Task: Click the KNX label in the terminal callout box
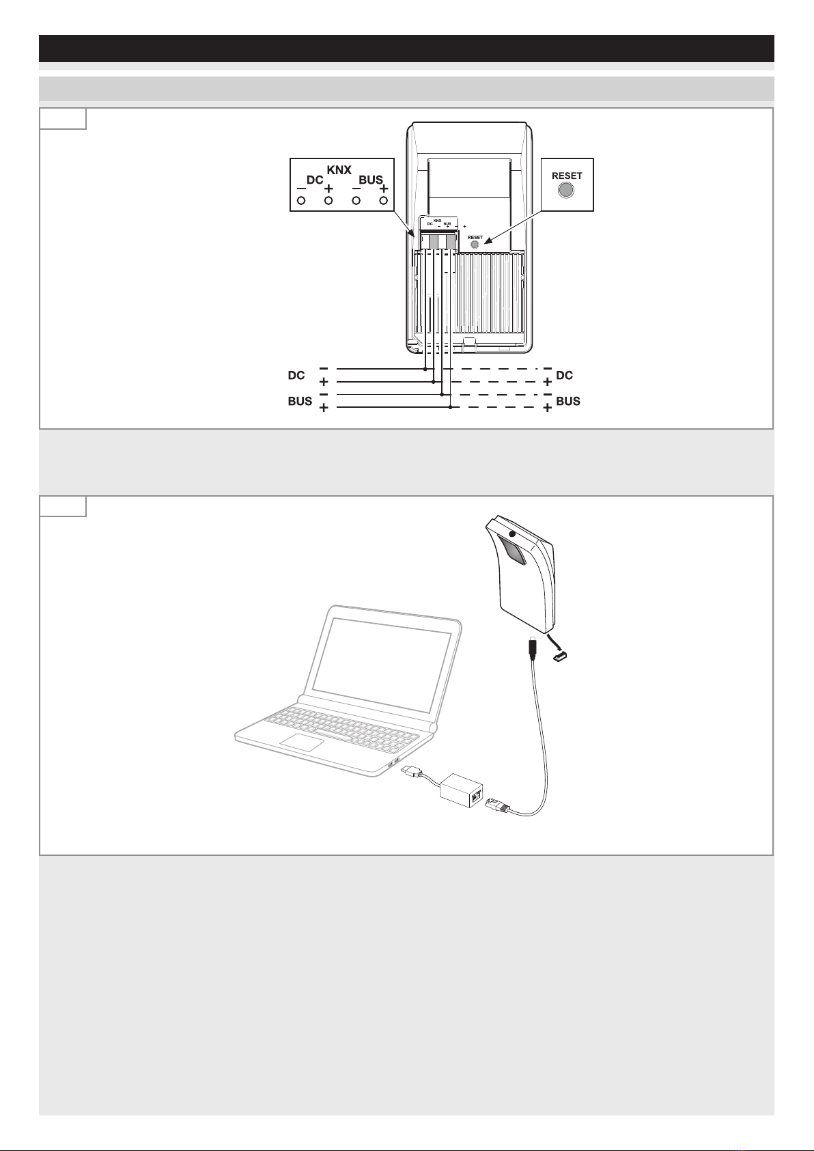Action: (339, 169)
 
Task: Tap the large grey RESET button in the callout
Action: (566, 191)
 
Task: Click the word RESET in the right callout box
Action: (567, 176)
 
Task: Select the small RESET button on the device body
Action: (475, 245)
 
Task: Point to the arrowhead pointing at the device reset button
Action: (488, 240)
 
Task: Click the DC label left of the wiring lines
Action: (296, 376)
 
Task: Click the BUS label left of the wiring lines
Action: (300, 401)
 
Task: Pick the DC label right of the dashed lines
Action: (565, 376)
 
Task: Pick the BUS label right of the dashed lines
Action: (568, 401)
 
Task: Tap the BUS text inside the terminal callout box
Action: (371, 180)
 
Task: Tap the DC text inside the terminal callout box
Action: (315, 180)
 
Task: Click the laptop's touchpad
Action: (302, 743)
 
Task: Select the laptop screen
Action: (382, 665)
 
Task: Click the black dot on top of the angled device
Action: (512, 534)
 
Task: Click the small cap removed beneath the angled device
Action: (561, 655)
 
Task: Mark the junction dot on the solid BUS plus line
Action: (451, 408)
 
